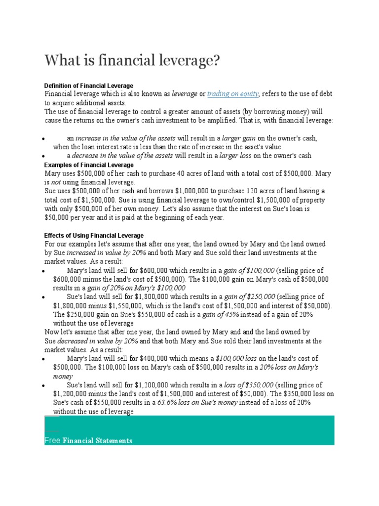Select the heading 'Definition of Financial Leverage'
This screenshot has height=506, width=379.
tap(89, 85)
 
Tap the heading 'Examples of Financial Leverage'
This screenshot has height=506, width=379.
tap(89, 165)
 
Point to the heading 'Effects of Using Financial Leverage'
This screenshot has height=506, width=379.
tap(94, 235)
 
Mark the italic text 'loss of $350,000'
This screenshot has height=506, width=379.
tap(249, 385)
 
